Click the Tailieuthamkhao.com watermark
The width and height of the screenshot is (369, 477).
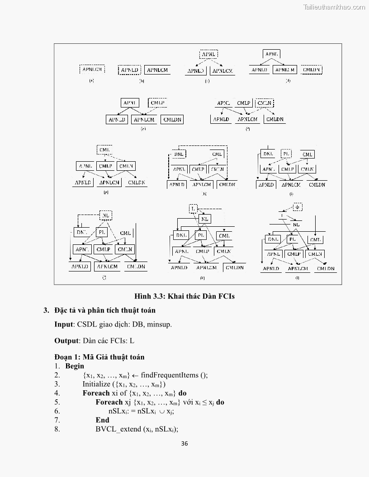(334, 7)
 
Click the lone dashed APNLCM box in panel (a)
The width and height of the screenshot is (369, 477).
(92, 69)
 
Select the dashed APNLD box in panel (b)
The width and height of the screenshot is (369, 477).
(130, 70)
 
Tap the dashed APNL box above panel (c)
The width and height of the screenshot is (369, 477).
(208, 54)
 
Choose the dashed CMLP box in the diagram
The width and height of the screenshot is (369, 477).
(157, 103)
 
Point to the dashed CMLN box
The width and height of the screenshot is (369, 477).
(264, 103)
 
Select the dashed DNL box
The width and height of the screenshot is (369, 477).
(179, 154)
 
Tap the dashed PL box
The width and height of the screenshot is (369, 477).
(286, 154)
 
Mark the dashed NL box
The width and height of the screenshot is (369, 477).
(105, 215)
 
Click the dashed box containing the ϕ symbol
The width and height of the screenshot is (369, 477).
(297, 207)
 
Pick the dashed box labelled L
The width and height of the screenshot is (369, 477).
(193, 209)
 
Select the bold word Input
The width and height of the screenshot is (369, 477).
(64, 324)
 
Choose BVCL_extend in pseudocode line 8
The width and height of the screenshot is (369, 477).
(119, 429)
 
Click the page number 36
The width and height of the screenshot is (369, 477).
(184, 443)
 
